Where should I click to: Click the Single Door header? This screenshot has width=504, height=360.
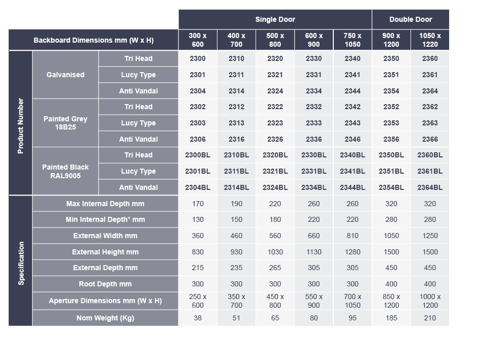275,19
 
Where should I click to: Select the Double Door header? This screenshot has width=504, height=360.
411,19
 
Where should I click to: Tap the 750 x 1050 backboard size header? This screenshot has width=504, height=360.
352,40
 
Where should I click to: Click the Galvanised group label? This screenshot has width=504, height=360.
65,75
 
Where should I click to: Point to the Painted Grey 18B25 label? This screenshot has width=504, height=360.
65,123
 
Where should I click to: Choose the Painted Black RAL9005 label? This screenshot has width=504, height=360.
65,171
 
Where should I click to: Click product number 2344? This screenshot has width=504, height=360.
352,91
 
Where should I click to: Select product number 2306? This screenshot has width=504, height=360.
198,139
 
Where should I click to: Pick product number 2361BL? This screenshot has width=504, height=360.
430,171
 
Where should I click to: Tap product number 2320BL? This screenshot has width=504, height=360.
275,155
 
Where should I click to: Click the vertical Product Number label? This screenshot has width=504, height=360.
20,126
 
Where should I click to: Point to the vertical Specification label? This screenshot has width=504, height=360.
21,263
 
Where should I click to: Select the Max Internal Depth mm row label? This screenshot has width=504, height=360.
105,204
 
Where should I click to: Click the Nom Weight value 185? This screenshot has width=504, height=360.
391,318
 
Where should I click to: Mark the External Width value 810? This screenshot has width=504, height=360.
352,236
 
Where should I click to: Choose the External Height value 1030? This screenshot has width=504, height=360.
275,252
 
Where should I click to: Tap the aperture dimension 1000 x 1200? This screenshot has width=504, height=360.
430,301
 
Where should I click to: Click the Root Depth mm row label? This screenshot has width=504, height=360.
105,284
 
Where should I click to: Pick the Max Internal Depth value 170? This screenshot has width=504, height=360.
198,204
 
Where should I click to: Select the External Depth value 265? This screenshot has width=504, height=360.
275,268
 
